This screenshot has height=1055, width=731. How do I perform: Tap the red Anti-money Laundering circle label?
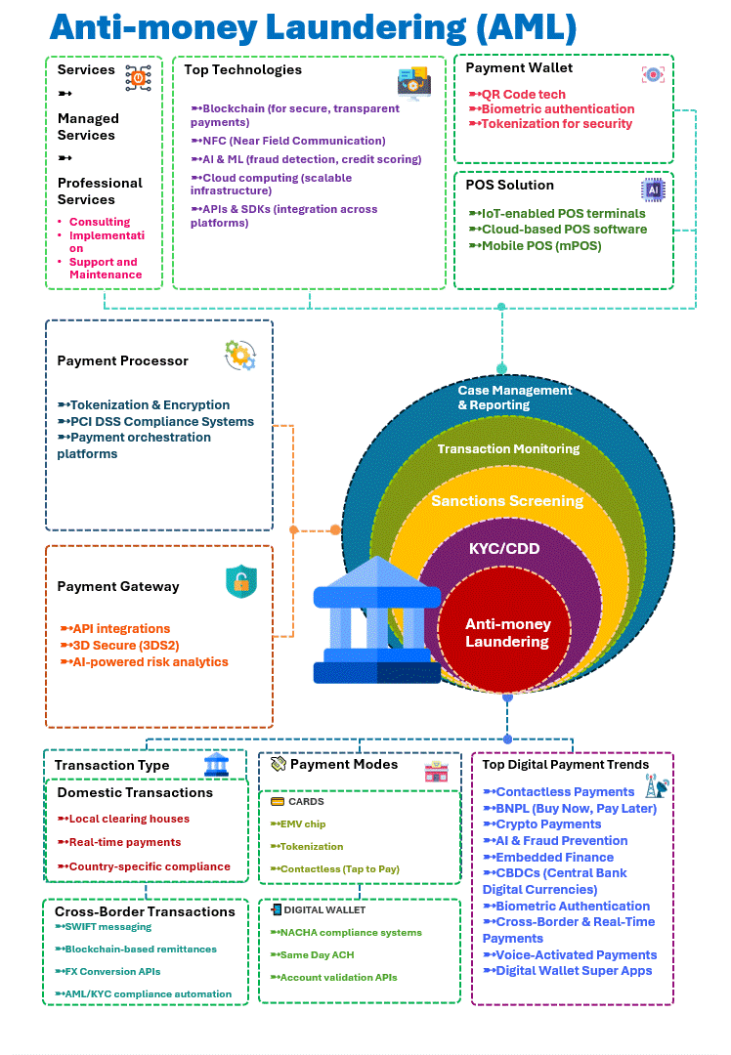(x=507, y=633)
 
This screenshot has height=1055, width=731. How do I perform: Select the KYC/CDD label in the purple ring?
(x=506, y=548)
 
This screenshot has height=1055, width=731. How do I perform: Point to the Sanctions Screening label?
(x=507, y=501)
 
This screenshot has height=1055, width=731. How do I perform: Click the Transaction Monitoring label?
(x=508, y=448)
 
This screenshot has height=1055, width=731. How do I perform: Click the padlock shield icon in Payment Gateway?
(x=240, y=581)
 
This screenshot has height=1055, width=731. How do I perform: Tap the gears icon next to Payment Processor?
(x=240, y=355)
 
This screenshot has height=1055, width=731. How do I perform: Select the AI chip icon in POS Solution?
(x=652, y=189)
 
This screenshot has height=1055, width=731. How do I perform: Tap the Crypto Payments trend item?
(x=547, y=823)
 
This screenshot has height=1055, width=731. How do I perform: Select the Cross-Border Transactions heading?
(x=145, y=911)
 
